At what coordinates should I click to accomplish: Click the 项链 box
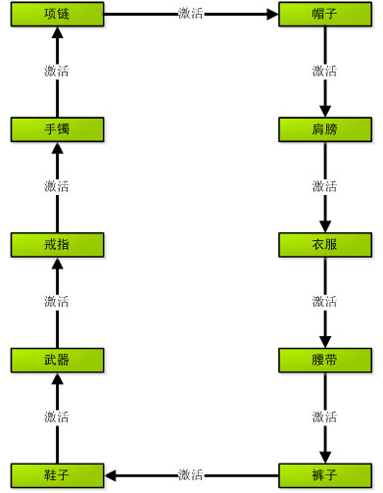point(58,14)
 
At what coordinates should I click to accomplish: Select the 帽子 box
point(325,14)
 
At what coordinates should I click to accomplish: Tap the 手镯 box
point(58,129)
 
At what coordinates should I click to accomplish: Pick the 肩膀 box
point(325,129)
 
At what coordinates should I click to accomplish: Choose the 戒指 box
point(58,245)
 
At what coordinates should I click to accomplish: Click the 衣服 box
point(325,245)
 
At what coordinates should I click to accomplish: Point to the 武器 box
point(58,360)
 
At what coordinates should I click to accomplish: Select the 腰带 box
point(325,360)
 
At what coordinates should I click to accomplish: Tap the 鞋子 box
point(58,475)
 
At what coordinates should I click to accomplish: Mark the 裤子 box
point(325,475)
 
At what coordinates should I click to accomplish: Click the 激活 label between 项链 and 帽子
point(191,14)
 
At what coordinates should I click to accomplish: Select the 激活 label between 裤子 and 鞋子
point(191,475)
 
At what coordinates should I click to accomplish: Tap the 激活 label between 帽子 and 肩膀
point(324,72)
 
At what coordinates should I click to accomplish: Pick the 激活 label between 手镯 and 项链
point(57,72)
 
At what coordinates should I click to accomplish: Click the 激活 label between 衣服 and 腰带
point(324,302)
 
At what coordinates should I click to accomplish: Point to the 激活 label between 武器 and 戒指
point(57,302)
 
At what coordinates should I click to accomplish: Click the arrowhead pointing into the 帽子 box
point(273,14)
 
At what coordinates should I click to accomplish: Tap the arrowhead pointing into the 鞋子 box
point(110,475)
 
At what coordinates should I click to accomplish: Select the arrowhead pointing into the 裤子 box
point(325,458)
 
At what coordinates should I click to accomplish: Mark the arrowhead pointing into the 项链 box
point(58,32)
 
